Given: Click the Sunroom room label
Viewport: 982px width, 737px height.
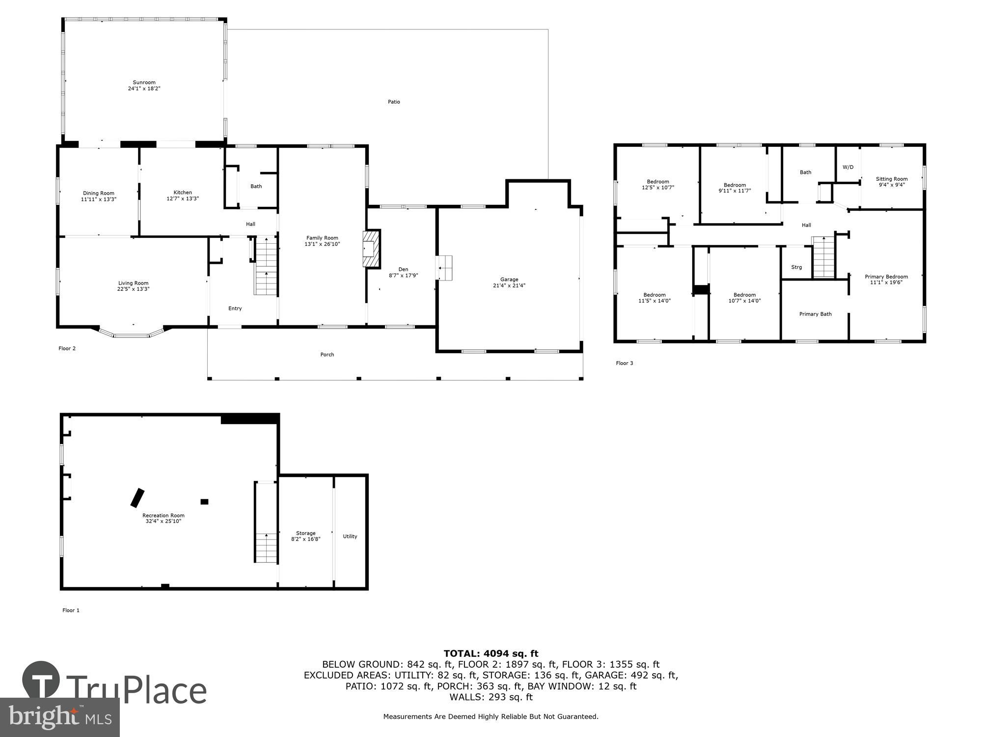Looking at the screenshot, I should [144, 83].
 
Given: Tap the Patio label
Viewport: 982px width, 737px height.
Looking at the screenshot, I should [394, 102].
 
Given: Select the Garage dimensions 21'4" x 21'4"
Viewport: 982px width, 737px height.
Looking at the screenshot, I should [509, 285].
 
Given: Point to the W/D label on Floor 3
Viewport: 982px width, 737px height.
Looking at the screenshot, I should [848, 167].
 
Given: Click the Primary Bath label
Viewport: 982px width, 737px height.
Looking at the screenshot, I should [815, 314].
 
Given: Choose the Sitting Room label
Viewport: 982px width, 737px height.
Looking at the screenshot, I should [892, 179].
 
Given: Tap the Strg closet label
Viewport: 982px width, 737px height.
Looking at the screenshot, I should [796, 267].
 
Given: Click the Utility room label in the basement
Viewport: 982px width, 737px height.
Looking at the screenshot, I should [350, 536].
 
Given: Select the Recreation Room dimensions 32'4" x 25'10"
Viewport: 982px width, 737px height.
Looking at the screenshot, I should [164, 521].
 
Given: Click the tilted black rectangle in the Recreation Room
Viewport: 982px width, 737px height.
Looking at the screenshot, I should [137, 497].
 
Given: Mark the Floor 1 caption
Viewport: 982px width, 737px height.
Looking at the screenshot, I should [71, 610].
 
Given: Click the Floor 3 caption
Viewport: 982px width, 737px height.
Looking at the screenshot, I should [625, 363].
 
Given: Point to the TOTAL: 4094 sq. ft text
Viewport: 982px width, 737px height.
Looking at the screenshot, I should [491, 653].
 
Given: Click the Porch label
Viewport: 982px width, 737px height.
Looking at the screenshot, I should [327, 354].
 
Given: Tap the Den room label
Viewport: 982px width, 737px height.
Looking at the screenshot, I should [403, 269].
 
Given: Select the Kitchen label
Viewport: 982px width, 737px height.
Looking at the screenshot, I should [183, 193].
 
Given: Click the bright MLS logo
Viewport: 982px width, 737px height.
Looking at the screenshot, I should [59, 717].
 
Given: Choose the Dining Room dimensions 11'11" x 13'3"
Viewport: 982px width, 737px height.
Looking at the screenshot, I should [99, 199].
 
